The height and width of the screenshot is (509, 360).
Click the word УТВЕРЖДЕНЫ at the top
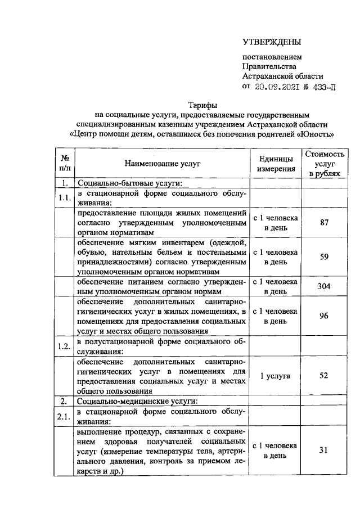point(272,42)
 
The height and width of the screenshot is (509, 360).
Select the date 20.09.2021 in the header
point(276,87)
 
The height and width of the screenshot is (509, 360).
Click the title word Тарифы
point(202,105)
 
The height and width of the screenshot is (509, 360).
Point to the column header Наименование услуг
point(163,163)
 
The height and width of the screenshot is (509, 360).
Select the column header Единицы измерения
point(276,163)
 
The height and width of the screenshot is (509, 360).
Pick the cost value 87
point(323,223)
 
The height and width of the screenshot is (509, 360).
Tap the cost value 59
point(323,258)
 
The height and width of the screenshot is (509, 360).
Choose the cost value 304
point(323,287)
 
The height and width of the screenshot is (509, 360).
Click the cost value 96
point(323,316)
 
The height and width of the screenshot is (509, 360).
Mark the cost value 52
point(323,375)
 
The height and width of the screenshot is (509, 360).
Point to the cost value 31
point(323,451)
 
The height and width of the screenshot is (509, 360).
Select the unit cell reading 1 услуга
point(276,375)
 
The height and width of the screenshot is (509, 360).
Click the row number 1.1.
point(64,197)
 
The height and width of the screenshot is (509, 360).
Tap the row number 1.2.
point(64,346)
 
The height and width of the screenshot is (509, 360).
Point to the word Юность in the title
point(318,134)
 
